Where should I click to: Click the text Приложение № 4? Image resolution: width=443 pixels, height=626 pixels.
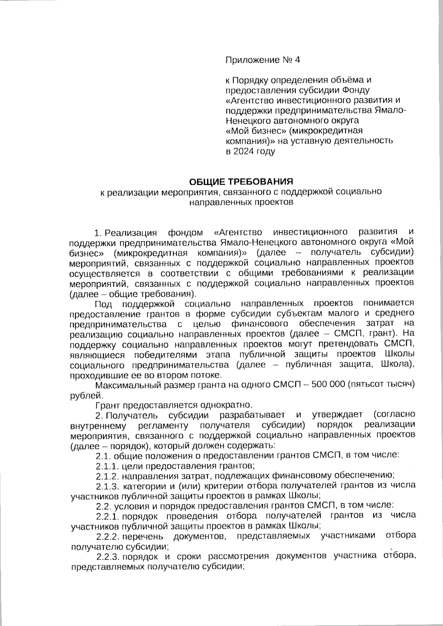263,60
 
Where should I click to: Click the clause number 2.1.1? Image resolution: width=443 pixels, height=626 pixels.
107,466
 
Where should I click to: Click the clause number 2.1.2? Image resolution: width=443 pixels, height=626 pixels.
107,475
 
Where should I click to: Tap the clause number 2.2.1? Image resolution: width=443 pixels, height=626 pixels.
107,515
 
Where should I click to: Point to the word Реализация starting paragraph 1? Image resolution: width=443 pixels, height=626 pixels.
131,233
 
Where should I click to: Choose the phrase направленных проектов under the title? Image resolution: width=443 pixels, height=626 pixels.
241,202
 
